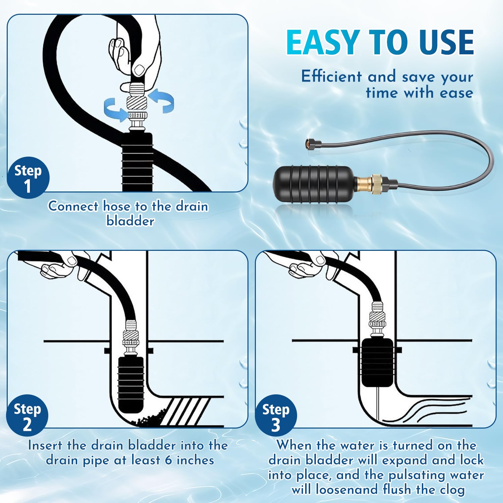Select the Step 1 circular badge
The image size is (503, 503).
(28, 178)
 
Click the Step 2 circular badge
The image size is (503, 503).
(27, 415)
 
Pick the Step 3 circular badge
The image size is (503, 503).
(276, 415)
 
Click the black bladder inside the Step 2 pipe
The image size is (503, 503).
(131, 385)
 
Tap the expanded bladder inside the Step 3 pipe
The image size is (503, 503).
(378, 362)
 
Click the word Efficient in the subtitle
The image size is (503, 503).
(331, 76)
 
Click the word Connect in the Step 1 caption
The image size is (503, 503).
(73, 206)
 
